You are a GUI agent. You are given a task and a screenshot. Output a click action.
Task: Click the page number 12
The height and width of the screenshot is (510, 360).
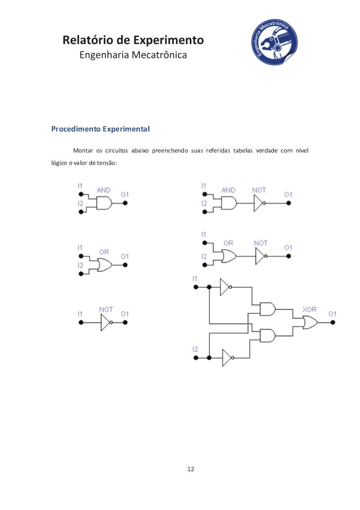coord(191,469)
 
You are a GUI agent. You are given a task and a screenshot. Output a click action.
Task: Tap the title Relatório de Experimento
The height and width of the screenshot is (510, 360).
coord(133,40)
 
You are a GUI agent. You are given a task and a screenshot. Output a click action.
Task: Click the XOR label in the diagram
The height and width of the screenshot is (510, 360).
coord(310,310)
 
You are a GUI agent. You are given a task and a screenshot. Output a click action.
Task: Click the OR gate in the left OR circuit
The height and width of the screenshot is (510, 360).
coord(105,265)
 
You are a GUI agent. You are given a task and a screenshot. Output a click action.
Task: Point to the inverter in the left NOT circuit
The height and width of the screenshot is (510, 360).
coord(105,323)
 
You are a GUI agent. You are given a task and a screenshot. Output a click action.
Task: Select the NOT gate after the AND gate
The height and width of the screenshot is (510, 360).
coord(260,203)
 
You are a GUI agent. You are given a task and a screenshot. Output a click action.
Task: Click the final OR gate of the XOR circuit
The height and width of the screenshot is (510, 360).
coord(311,323)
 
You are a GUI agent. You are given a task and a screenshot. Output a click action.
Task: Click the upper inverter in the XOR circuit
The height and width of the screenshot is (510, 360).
coord(225,287)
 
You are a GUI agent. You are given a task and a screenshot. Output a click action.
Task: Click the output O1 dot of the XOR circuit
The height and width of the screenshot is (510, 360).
coord(333,323)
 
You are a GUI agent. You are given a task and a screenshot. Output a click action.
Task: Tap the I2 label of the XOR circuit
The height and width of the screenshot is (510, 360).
coord(195,350)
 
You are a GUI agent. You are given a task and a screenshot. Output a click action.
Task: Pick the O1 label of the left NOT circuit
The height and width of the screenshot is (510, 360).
coord(125,314)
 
